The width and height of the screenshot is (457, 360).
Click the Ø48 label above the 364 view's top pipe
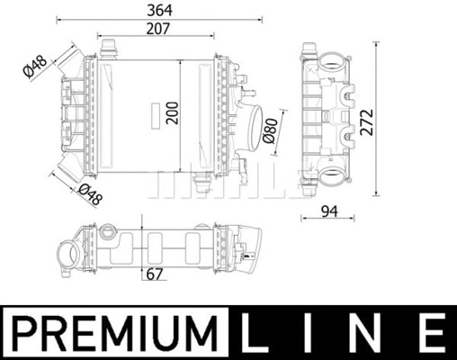(35, 66)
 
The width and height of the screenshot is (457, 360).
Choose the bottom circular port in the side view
(330, 172)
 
